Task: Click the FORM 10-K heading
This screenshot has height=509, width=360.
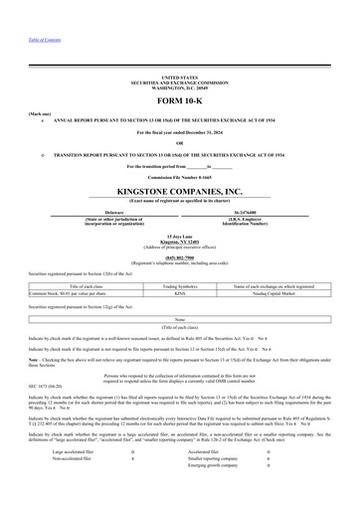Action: [179, 102]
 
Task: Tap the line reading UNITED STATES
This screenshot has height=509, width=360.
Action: [179, 77]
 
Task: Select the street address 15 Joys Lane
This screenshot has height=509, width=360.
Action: [179, 235]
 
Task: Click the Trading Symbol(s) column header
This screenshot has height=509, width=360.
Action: [179, 286]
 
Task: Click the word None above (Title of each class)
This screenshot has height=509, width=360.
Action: [179, 319]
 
